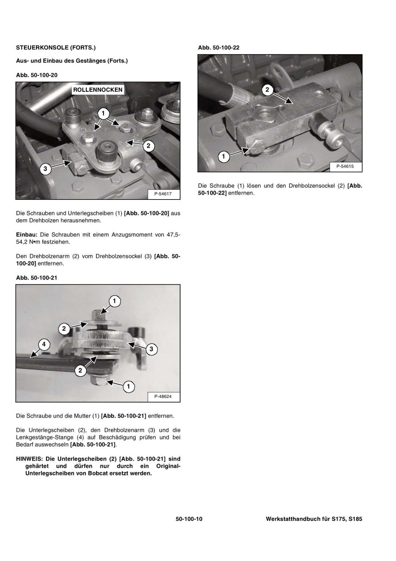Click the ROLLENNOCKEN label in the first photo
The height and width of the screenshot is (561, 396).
pyautogui.click(x=98, y=90)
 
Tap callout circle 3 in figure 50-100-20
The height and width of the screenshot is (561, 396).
pyautogui.click(x=45, y=169)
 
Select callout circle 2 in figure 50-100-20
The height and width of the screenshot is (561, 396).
pyautogui.click(x=148, y=146)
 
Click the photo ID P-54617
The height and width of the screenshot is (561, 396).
pyautogui.click(x=163, y=194)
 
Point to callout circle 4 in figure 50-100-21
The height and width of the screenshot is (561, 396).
pyautogui.click(x=44, y=345)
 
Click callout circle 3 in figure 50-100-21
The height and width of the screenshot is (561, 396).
pyautogui.click(x=151, y=349)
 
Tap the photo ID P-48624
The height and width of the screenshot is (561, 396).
pyautogui.click(x=163, y=397)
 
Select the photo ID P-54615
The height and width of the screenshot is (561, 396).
pyautogui.click(x=345, y=167)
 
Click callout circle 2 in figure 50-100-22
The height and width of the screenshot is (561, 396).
pyautogui.click(x=267, y=90)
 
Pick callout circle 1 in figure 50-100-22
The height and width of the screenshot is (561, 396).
pyautogui.click(x=224, y=156)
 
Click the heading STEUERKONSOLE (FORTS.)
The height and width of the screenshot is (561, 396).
pyautogui.click(x=56, y=47)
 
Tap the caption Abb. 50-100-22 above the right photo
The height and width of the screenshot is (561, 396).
pyautogui.click(x=219, y=47)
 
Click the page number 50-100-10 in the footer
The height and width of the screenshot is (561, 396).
pyautogui.click(x=189, y=519)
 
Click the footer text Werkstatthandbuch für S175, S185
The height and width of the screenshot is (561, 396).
pyautogui.click(x=314, y=519)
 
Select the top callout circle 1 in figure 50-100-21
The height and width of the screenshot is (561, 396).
pyautogui.click(x=114, y=301)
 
